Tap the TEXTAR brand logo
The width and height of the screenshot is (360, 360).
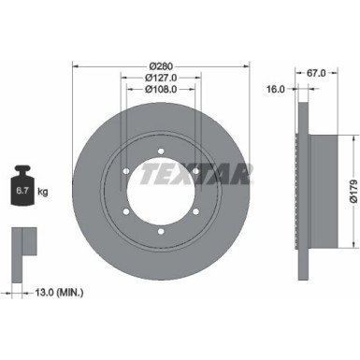tap(197, 173)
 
